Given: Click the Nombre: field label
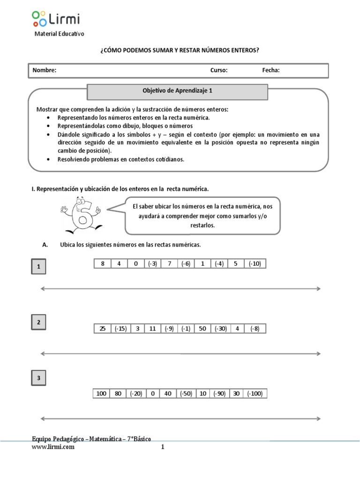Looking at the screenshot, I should point(45,70).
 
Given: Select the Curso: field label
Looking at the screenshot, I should point(219,70).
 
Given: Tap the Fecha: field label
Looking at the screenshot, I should point(271,70).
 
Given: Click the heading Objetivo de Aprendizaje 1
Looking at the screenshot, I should point(178,89).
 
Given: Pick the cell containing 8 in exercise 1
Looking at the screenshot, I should point(102,264).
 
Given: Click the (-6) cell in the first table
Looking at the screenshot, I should point(186,264).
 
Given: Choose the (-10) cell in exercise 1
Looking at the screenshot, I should point(255,264).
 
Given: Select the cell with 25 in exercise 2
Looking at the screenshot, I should point(102,329).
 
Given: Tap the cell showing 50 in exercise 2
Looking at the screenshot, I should point(202,329).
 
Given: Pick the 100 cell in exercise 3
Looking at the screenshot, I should point(101,394).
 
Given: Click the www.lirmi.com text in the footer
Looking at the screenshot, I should point(53,447).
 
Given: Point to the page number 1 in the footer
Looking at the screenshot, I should point(163,447).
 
